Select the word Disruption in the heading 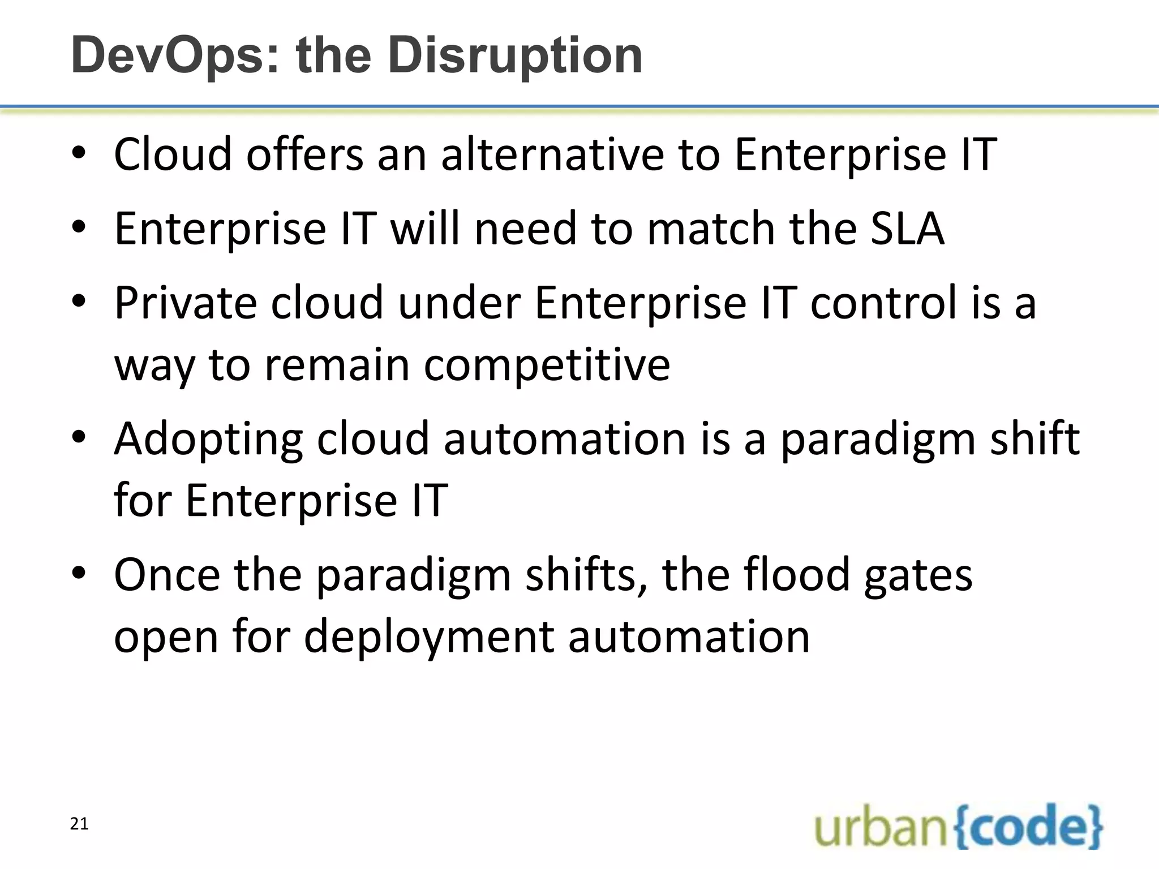[x=515, y=56]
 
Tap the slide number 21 [x=79, y=824]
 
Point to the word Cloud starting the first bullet [x=173, y=154]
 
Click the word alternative [x=552, y=154]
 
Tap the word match [x=711, y=228]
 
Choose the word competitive [x=547, y=365]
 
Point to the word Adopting [x=208, y=439]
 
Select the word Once [x=167, y=575]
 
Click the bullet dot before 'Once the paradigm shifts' [x=79, y=573]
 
